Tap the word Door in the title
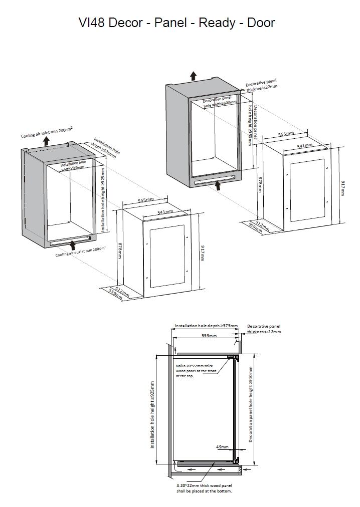pos(261,23)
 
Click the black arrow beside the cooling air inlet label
pos(46,141)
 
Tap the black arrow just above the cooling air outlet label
pos(73,244)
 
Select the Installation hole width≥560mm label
pos(74,166)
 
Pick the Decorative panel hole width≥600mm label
pos(220,102)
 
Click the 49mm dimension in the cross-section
pos(222,447)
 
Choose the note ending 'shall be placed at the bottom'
pos(204,488)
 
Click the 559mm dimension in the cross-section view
pos(209,336)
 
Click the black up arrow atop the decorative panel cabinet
pos(193,76)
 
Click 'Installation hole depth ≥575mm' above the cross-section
pos(206,326)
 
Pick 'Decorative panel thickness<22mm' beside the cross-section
pos(264,329)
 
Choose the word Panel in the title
pos(171,23)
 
